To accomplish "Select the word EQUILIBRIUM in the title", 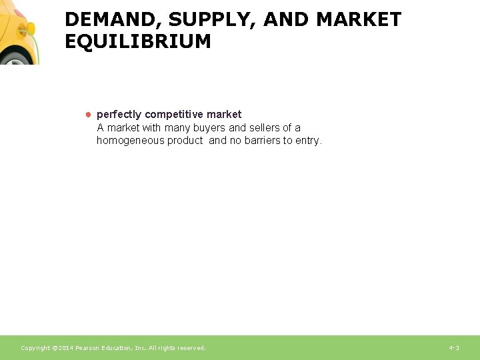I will point(137,41).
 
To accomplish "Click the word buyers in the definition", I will point(209,127).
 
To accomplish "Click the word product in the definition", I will point(186,141).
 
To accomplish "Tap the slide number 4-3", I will point(454,348).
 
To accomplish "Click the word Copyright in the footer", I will point(36,348).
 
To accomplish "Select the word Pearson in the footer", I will point(89,348).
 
